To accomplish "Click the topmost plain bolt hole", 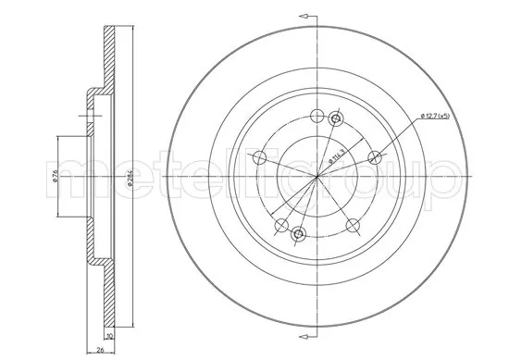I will [x=317, y=116].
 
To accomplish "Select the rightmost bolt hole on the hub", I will [x=375, y=155].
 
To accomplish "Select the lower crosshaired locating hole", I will [x=298, y=234].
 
